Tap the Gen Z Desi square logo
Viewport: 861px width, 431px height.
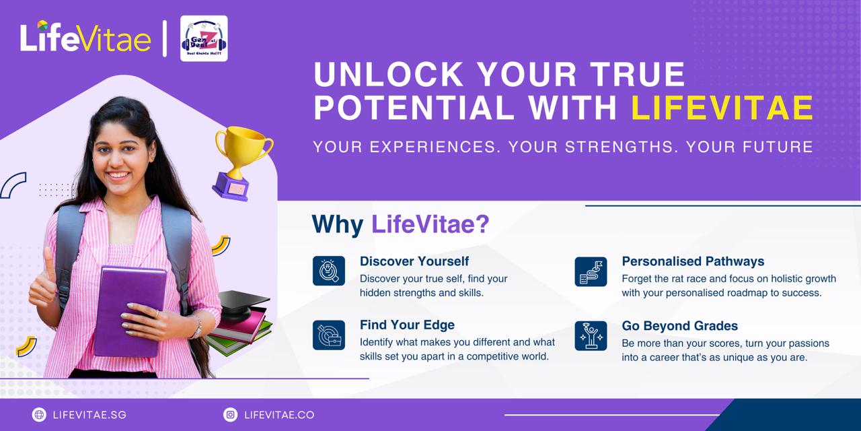click(x=204, y=39)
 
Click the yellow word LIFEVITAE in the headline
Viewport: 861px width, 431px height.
click(x=722, y=108)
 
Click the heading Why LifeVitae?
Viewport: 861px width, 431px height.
click(x=400, y=224)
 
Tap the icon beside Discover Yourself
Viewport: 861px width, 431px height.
click(x=328, y=271)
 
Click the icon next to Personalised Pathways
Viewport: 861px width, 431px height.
click(x=591, y=271)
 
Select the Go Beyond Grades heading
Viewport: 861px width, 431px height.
click(x=679, y=326)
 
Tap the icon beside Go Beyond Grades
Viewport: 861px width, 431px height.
click(x=591, y=335)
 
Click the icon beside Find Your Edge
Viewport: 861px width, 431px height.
click(x=328, y=335)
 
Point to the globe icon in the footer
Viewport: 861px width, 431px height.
click(x=39, y=415)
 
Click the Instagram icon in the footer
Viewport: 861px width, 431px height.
click(x=231, y=415)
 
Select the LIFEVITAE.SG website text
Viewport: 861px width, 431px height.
click(x=89, y=415)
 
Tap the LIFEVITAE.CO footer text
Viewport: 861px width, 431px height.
click(x=280, y=415)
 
